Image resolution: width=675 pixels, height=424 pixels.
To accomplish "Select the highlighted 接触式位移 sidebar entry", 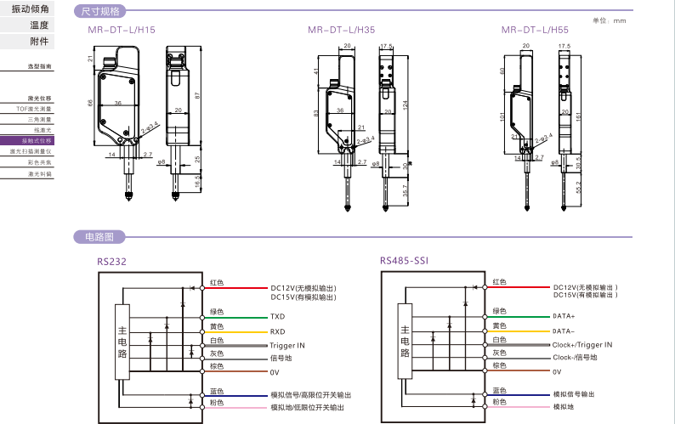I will (x=38, y=140).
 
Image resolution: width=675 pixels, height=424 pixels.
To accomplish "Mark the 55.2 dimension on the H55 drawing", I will (x=580, y=187).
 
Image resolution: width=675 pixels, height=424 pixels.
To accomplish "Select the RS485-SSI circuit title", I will (x=404, y=262).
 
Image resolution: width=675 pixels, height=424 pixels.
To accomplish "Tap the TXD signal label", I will (x=278, y=316).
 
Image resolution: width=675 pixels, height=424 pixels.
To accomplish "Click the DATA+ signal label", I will (x=564, y=316).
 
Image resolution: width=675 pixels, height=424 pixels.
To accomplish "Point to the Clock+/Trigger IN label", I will (x=582, y=345).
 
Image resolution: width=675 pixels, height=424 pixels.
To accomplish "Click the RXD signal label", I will (x=278, y=331).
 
